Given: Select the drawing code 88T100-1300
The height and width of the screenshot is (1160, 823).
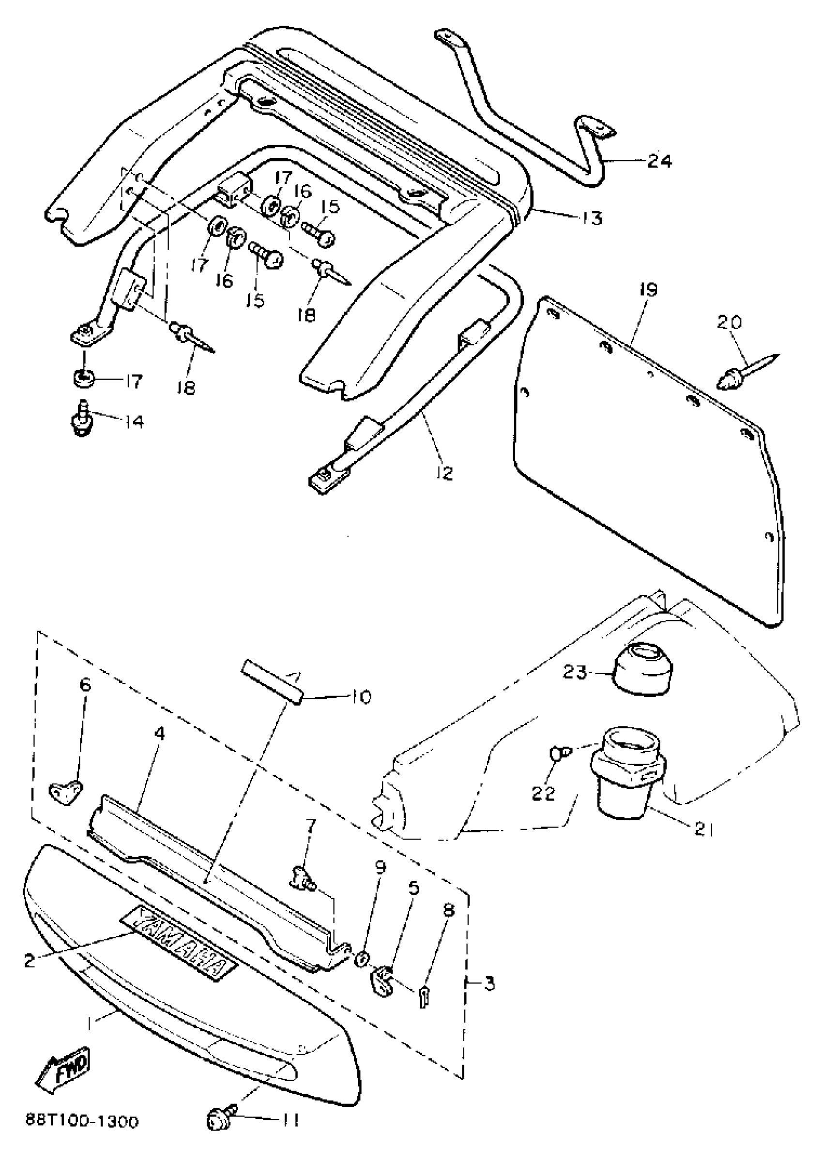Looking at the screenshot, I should coord(82,1122).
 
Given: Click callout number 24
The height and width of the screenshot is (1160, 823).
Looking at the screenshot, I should coord(659,162).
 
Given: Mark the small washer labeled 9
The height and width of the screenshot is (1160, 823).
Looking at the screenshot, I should coord(362,959).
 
